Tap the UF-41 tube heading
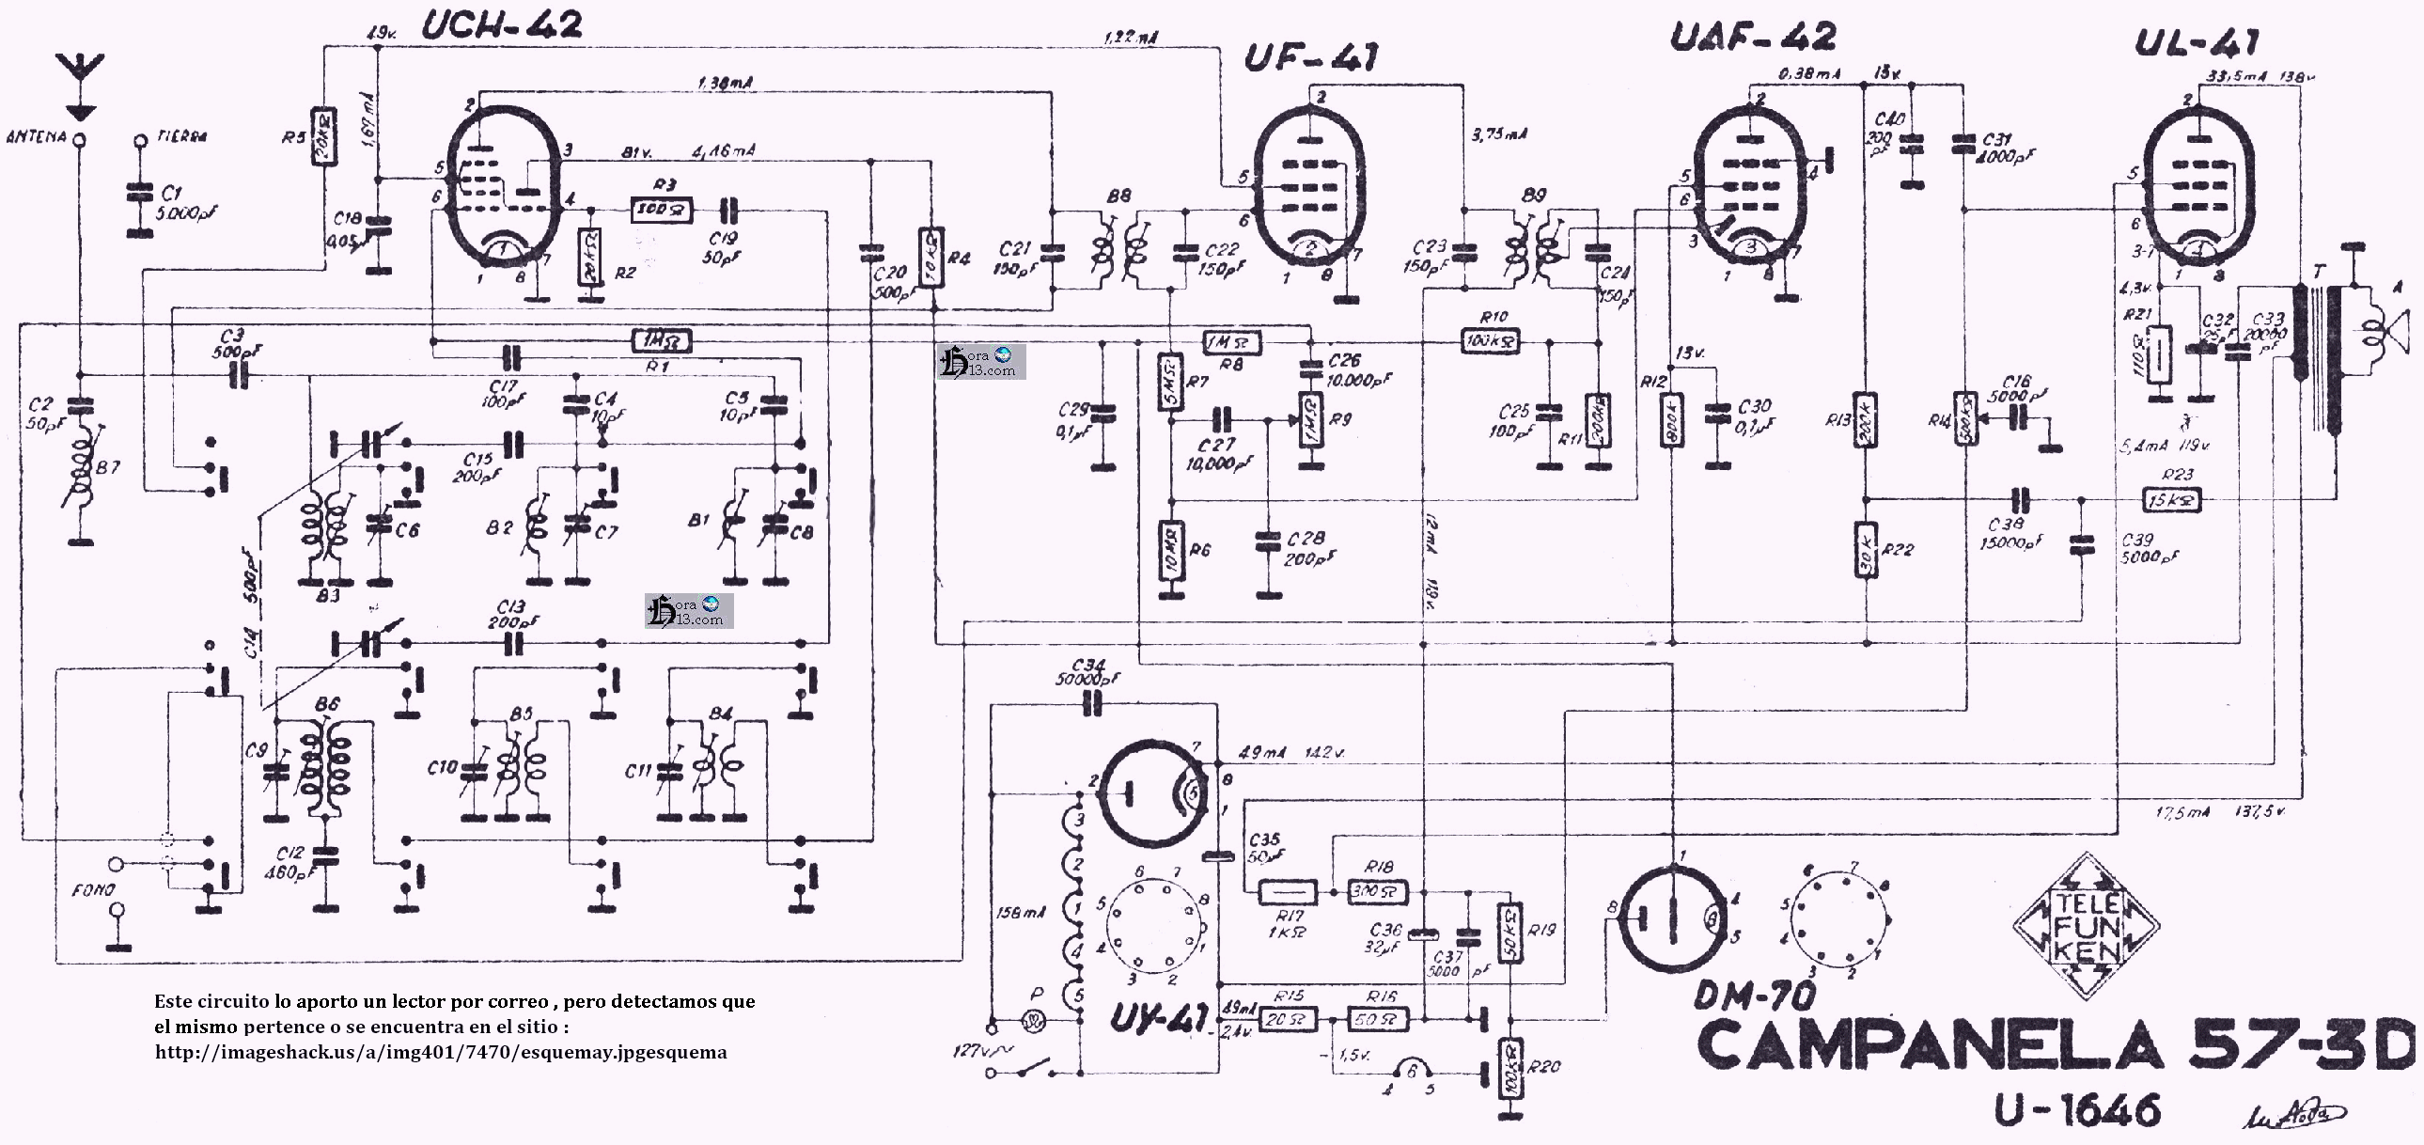[1311, 58]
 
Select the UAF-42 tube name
[1752, 38]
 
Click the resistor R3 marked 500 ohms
[662, 210]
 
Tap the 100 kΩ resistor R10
[1493, 340]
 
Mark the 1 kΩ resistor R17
[1289, 890]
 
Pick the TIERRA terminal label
[181, 136]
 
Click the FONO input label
[94, 889]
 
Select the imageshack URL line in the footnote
[441, 1052]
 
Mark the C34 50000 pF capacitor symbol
[1092, 704]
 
